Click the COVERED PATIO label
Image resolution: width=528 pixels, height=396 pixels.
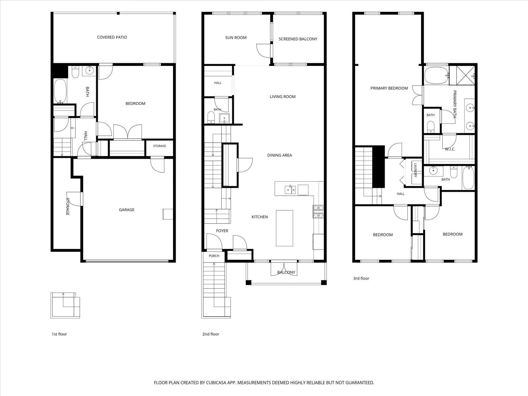(x=112, y=37)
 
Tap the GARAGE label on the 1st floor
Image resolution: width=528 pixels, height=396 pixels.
(x=127, y=210)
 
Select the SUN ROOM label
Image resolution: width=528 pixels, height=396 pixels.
(x=236, y=37)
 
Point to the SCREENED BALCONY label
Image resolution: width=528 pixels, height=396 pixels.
(x=298, y=39)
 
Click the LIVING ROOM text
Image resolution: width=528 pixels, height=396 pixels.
(x=282, y=97)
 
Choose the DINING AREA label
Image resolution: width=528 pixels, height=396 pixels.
(x=279, y=155)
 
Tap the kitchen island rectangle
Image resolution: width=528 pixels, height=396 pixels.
(x=284, y=228)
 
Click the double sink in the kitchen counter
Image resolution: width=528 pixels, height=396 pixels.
(x=290, y=190)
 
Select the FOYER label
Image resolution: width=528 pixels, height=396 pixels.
(x=222, y=231)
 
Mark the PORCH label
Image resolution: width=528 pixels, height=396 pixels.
(x=214, y=256)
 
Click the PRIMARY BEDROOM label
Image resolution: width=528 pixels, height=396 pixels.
(x=389, y=88)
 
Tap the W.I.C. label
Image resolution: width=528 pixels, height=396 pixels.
(x=450, y=149)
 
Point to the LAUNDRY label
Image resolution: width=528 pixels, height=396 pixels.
(x=415, y=170)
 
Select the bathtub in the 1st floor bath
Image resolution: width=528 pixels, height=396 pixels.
(x=60, y=91)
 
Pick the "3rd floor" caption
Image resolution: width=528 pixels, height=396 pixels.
(x=361, y=278)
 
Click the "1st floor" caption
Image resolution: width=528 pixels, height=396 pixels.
(x=59, y=334)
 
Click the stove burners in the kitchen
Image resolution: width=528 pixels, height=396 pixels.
(x=318, y=211)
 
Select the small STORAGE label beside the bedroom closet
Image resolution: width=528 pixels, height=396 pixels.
(x=159, y=146)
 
